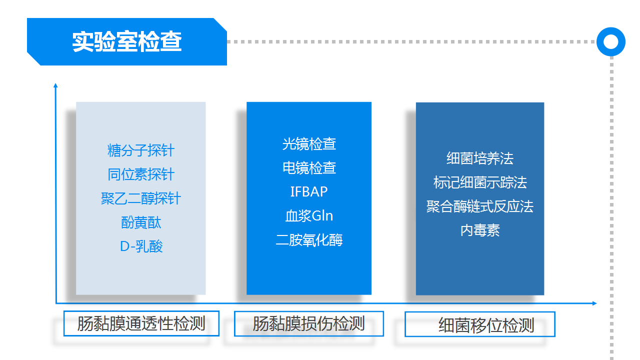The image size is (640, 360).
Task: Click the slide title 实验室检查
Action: (x=127, y=42)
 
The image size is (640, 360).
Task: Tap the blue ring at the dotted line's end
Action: (x=610, y=41)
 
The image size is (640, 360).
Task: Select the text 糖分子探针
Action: (x=141, y=150)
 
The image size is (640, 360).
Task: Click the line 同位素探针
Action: (x=141, y=174)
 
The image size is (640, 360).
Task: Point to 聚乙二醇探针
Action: (x=141, y=198)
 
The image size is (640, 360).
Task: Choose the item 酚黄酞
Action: (x=141, y=222)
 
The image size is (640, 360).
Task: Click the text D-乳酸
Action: (x=141, y=246)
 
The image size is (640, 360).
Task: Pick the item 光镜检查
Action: (x=309, y=144)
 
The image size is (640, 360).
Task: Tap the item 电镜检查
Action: (x=309, y=168)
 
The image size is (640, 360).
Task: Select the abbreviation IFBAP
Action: (x=309, y=192)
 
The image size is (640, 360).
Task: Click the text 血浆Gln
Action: (x=309, y=216)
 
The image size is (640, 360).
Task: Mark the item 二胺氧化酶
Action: (x=309, y=240)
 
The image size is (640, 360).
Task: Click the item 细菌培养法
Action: (x=480, y=158)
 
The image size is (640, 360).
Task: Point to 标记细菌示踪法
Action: (x=480, y=182)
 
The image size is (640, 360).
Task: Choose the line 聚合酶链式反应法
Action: (x=480, y=206)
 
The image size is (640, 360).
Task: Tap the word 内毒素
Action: (x=480, y=230)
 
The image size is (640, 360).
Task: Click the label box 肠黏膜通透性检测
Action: (x=141, y=324)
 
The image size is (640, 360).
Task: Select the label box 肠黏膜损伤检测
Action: (x=309, y=324)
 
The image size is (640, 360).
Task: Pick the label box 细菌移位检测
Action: (x=480, y=325)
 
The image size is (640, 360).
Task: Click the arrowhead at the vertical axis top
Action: (x=55, y=85)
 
